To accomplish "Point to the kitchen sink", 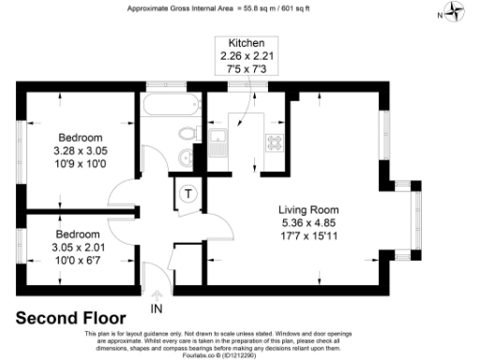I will point(217,143).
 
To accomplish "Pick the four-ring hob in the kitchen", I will point(277,143).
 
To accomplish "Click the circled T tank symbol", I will point(187,193).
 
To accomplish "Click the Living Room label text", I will point(308,209).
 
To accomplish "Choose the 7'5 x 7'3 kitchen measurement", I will point(247,68).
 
